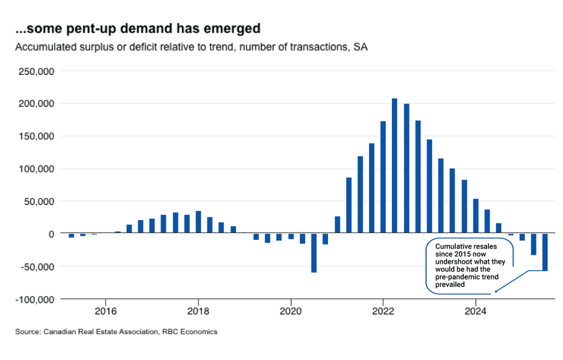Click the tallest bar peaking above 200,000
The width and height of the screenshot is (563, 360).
pyautogui.click(x=395, y=166)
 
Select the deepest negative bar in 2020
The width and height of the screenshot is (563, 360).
pyautogui.click(x=314, y=253)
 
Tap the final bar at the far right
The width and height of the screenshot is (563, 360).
pyautogui.click(x=545, y=252)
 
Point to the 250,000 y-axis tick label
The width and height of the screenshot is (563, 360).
pyautogui.click(x=36, y=71)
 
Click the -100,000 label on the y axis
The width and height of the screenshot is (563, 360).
pyautogui.click(x=35, y=299)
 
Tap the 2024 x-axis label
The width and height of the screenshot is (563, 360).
pyautogui.click(x=475, y=310)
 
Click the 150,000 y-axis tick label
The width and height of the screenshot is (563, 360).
pyautogui.click(x=36, y=136)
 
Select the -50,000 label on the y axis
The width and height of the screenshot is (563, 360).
pyautogui.click(x=37, y=266)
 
